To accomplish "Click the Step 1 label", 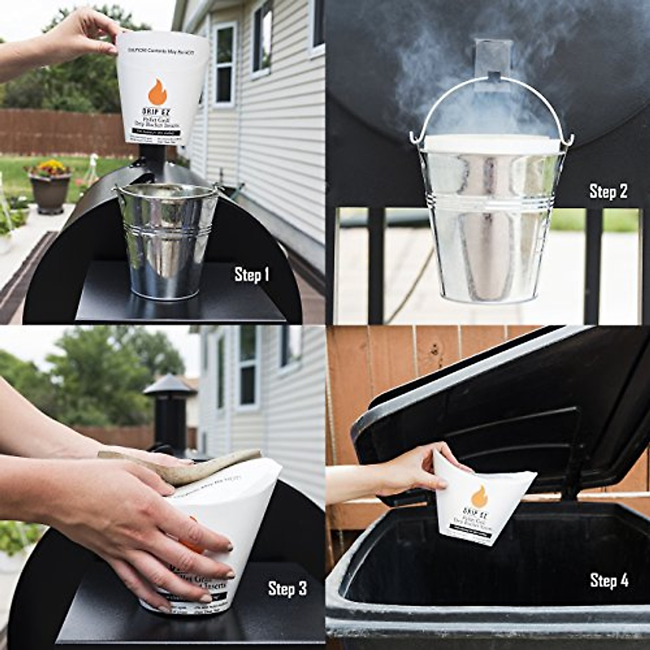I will click(251, 275).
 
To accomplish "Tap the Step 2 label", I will click(608, 191).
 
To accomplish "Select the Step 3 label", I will click(287, 589).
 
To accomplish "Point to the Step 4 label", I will click(609, 581).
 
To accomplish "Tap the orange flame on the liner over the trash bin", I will click(479, 496).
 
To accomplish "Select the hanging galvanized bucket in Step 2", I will click(490, 222).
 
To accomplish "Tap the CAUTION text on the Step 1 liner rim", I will click(162, 48).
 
